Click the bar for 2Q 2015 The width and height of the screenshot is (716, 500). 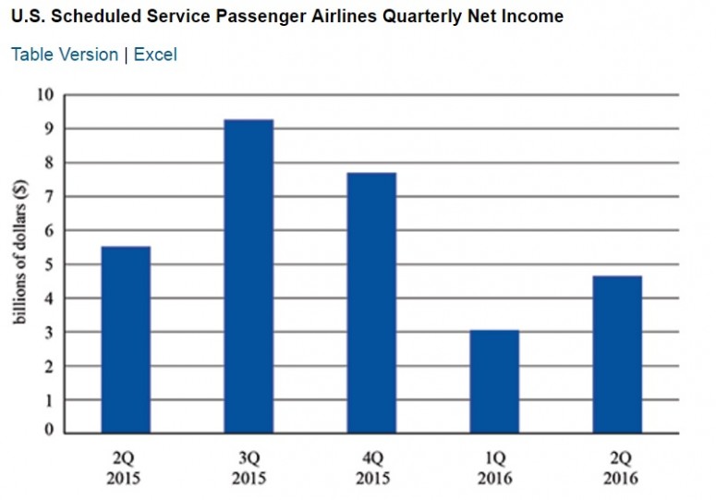126,339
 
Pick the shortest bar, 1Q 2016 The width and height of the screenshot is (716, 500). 494,381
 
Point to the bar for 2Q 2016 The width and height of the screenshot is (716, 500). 617,354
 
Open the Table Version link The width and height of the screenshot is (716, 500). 65,55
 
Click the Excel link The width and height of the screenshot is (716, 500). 155,55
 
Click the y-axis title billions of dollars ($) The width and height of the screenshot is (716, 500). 19,263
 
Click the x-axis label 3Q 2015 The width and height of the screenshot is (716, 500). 249,468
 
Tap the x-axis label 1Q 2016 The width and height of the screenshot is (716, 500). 494,468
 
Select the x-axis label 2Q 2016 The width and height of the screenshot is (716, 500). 617,468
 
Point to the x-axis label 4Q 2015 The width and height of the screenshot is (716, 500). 371,468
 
